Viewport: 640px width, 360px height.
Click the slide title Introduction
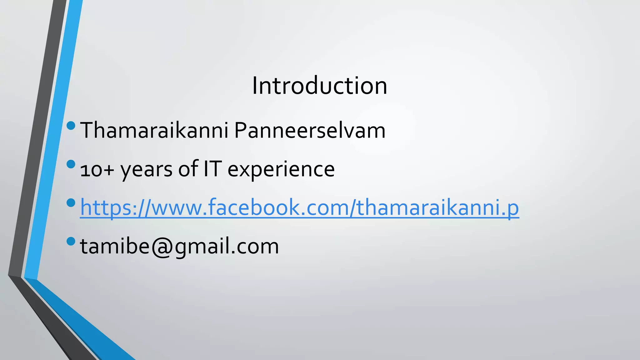pyautogui.click(x=319, y=86)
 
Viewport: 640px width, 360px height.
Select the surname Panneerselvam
pyautogui.click(x=310, y=130)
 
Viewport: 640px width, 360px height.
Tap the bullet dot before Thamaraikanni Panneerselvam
pyautogui.click(x=71, y=126)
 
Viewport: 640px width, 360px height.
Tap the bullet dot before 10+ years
pyautogui.click(x=71, y=164)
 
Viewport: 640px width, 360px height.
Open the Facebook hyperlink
pyautogui.click(x=299, y=207)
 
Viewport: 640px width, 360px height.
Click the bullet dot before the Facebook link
pyautogui.click(x=71, y=203)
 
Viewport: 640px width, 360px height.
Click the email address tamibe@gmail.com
pyautogui.click(x=179, y=246)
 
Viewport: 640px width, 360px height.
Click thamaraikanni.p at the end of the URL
pyautogui.click(x=437, y=207)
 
